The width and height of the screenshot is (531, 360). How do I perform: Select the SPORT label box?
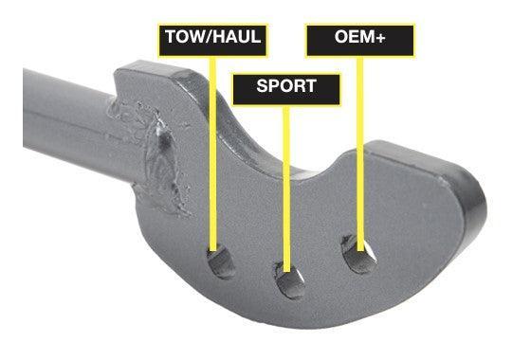point(286,86)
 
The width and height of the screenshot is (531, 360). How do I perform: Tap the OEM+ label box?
point(360,39)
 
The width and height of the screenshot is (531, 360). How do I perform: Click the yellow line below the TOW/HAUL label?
point(211,152)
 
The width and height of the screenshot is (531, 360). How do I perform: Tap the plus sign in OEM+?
point(388,39)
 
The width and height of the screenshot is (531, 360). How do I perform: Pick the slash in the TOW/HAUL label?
point(208,39)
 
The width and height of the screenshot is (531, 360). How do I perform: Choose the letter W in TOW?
point(196,39)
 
